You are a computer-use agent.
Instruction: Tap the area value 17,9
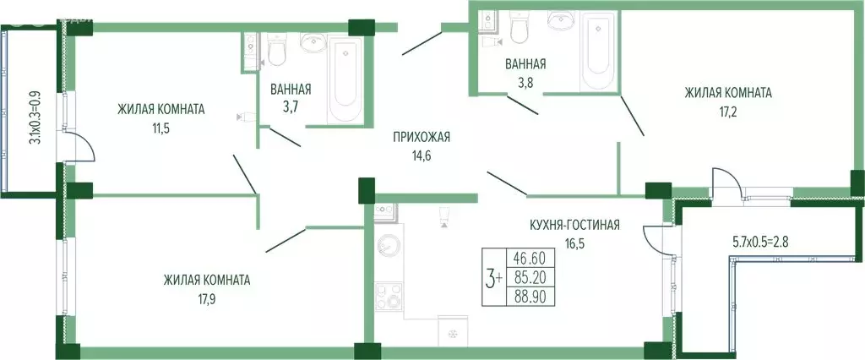coord(207,297)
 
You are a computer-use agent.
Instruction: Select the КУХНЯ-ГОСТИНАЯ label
coord(574,224)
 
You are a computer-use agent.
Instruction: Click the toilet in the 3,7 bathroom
coord(277,52)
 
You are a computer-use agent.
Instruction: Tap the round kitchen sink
coord(390,248)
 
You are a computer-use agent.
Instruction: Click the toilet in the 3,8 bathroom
coord(520,30)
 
